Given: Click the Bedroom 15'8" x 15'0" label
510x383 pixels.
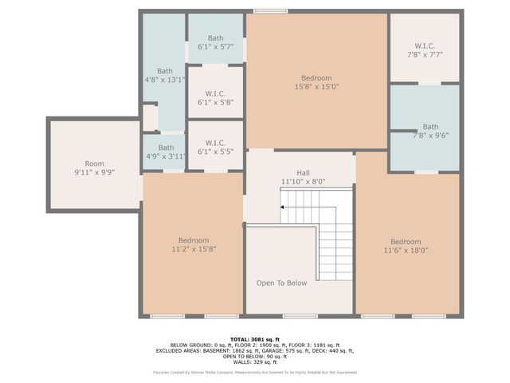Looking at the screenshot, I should click(316, 82).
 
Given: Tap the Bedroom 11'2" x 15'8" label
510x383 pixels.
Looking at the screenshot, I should click(194, 245).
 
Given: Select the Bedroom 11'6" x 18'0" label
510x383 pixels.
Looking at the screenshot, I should click(406, 246).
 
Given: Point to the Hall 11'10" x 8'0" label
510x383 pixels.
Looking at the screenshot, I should click(304, 177).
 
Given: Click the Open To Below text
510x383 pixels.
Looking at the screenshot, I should click(281, 283).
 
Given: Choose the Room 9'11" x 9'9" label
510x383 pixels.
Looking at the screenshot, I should click(95, 168).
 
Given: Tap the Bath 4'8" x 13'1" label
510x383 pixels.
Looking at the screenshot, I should click(165, 75).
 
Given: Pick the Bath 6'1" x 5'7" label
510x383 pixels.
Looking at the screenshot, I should click(216, 43).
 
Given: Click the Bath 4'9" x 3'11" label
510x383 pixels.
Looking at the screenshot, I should click(166, 152).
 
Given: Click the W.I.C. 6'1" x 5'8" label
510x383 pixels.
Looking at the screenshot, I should click(216, 98).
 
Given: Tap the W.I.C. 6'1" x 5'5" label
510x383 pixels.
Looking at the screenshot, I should click(216, 147).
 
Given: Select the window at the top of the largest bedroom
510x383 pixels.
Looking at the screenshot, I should click(271, 11).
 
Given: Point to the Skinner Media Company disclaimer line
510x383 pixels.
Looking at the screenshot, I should click(255, 373).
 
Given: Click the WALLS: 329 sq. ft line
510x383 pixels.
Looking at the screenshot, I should click(255, 362).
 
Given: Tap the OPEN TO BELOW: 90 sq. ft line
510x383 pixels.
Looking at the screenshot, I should click(255, 356).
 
